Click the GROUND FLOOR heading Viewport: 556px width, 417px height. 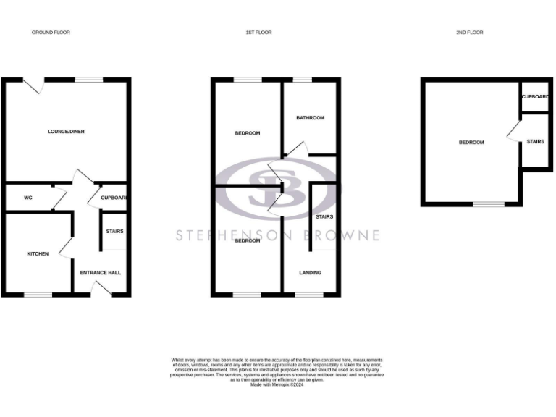pos(51,33)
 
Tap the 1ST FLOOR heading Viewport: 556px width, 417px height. pos(258,33)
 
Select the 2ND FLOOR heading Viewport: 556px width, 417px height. pos(469,33)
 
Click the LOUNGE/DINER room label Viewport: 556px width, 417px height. pos(66,132)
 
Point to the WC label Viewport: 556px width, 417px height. pos(28,198)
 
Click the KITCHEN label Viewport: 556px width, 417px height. pos(38,254)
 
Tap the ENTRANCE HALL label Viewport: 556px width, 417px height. pos(101,273)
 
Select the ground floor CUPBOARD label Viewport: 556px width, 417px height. pos(114,198)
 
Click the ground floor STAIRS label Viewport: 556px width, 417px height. pos(114,232)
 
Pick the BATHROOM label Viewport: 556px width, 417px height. pos(310,117)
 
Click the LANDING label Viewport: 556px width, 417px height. pos(311,273)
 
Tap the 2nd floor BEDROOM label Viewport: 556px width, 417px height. pos(471,143)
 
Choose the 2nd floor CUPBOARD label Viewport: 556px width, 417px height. pos(534,96)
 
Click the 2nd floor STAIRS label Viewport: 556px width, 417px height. pos(535,141)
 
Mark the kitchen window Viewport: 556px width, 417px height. pos(38,294)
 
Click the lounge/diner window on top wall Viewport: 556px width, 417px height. pos(89,80)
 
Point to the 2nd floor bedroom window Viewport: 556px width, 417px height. pos(489,205)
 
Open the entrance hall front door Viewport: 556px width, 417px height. pos(101,290)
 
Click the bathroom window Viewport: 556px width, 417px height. pos(302,80)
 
